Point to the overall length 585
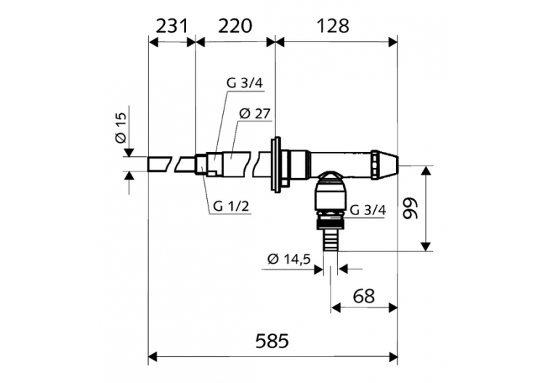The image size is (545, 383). [272, 340]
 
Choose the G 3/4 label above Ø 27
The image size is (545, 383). [243, 83]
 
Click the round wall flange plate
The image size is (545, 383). [276, 164]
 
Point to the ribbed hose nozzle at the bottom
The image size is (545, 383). [331, 239]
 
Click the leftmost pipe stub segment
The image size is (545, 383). [161, 164]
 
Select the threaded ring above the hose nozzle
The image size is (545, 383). [331, 217]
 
